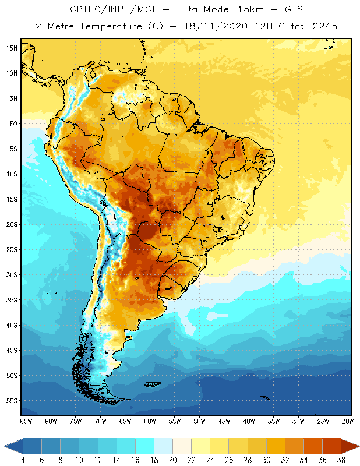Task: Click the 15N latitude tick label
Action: pos(12,48)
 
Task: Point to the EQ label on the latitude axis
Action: pos(12,123)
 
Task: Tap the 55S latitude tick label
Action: pos(12,401)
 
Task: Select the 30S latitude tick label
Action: pos(12,274)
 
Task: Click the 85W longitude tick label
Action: pos(26,421)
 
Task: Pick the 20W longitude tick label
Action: pos(348,421)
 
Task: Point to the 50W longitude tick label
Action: pos(199,421)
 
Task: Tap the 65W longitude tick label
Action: pos(125,421)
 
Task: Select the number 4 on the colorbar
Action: pos(23,460)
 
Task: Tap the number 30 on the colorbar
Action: pos(266,460)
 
